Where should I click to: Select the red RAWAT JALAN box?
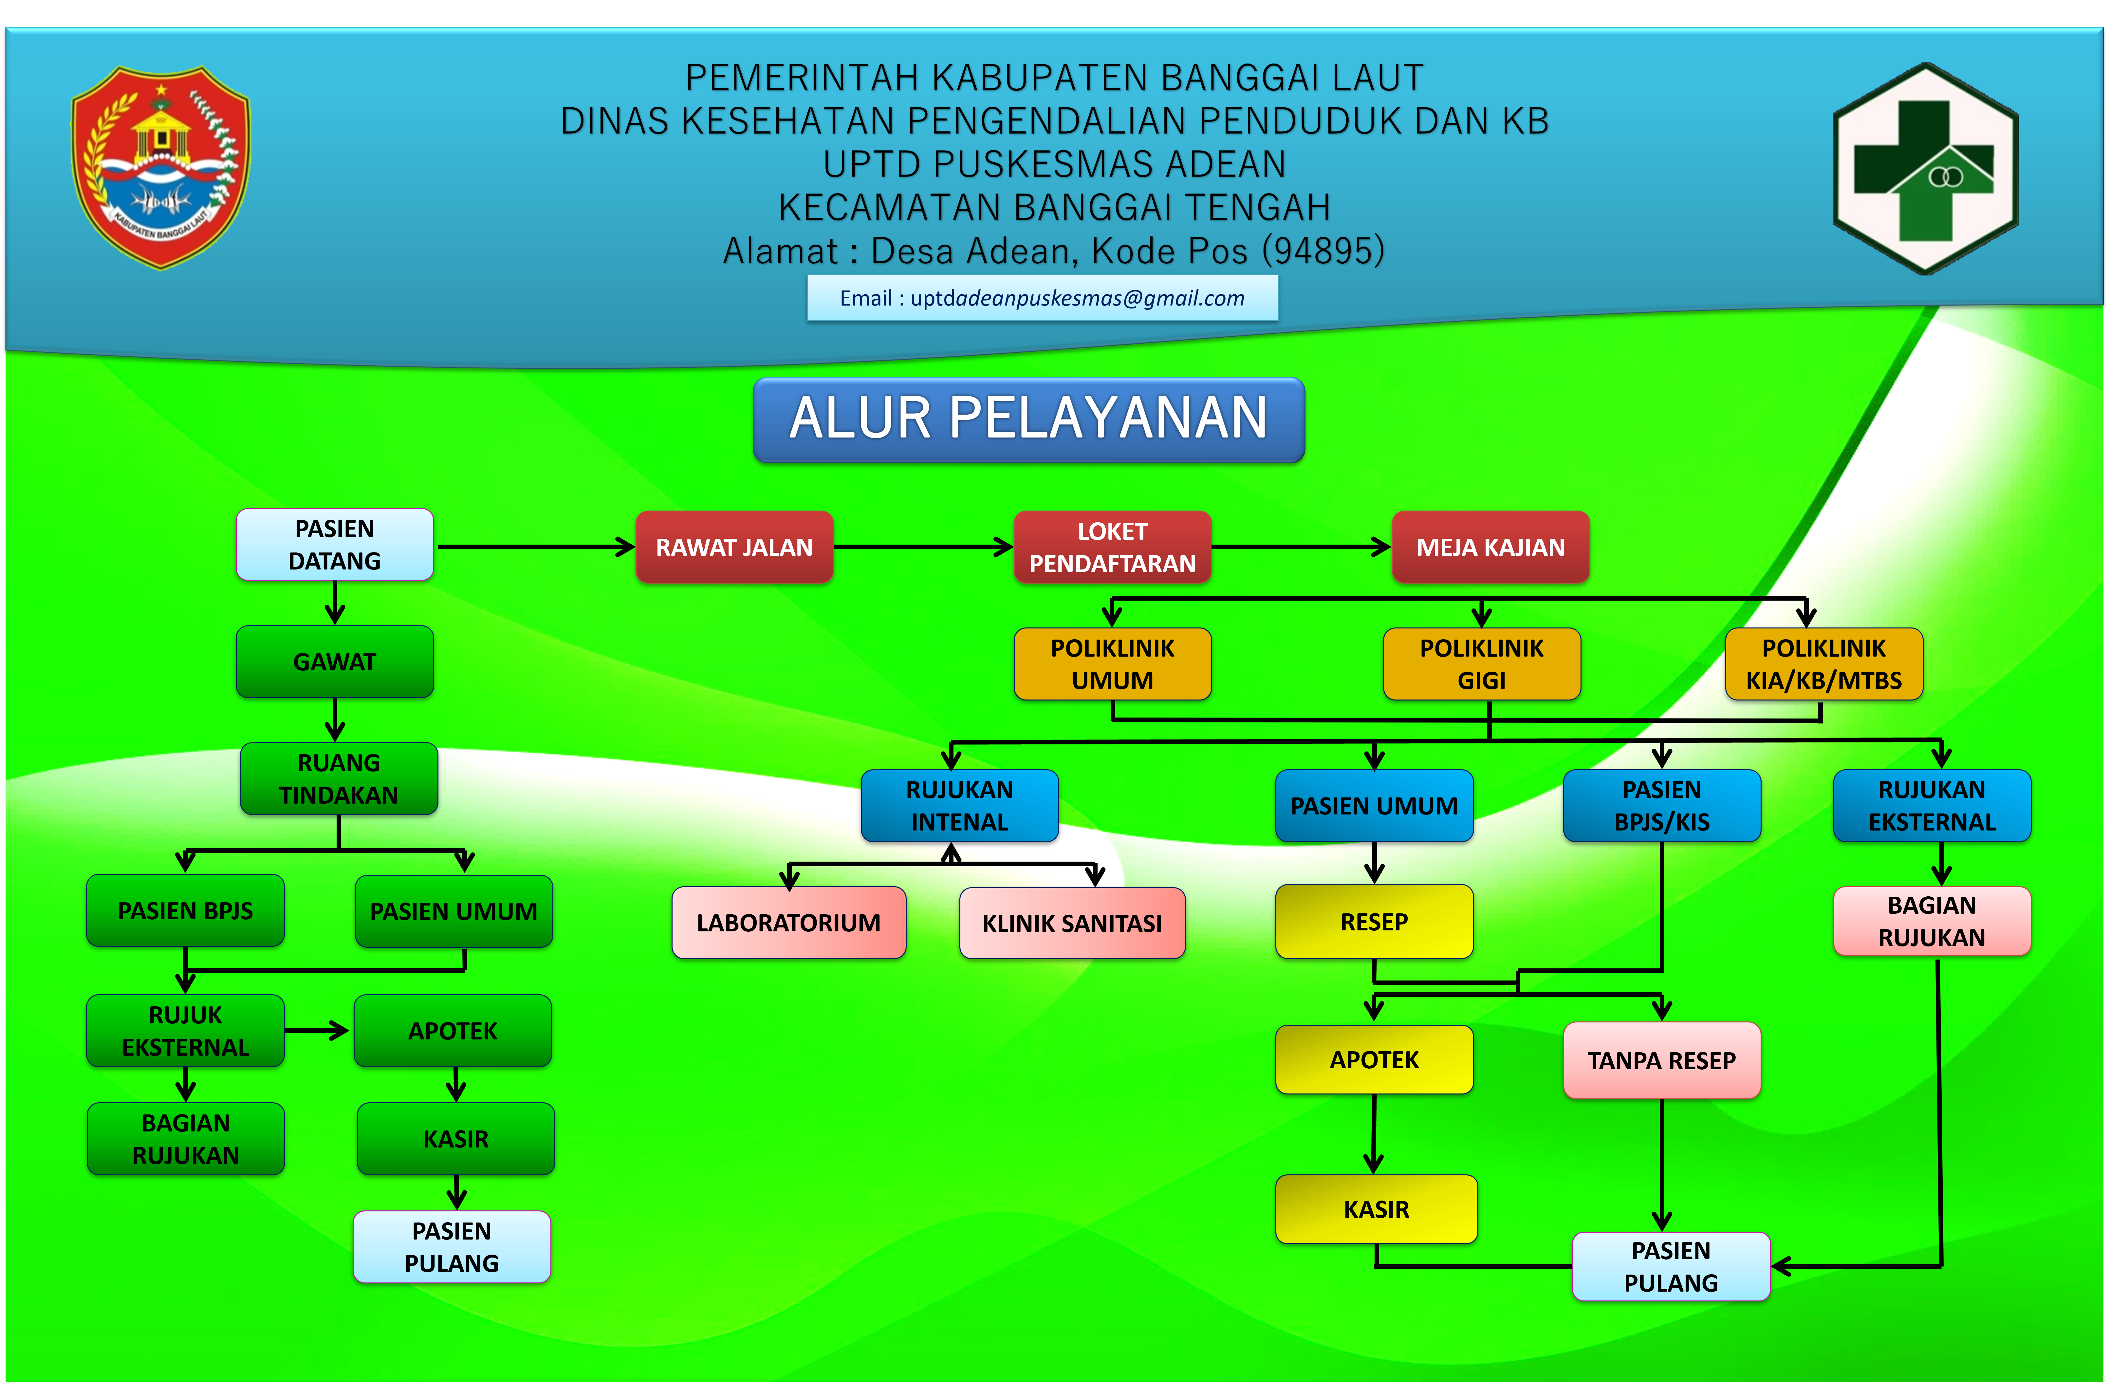[x=734, y=547]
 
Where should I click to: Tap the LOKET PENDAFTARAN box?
[x=1112, y=547]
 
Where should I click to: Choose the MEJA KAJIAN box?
[x=1490, y=547]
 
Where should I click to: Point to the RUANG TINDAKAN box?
[x=339, y=778]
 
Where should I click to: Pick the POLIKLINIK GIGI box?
[x=1482, y=664]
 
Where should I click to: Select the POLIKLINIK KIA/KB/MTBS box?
[x=1824, y=664]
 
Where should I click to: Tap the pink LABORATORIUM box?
[x=789, y=923]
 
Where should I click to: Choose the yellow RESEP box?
[x=1374, y=922]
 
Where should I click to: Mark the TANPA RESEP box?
[x=1661, y=1060]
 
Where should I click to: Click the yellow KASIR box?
[x=1376, y=1209]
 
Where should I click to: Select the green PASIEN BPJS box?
[x=185, y=910]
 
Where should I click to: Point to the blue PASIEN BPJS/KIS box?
[x=1661, y=805]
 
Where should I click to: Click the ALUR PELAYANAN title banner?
[x=1028, y=419]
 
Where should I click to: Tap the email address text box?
[x=1042, y=298]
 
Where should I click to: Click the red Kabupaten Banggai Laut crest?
[x=160, y=167]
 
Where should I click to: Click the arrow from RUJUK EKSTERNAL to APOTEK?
[x=317, y=1030]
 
